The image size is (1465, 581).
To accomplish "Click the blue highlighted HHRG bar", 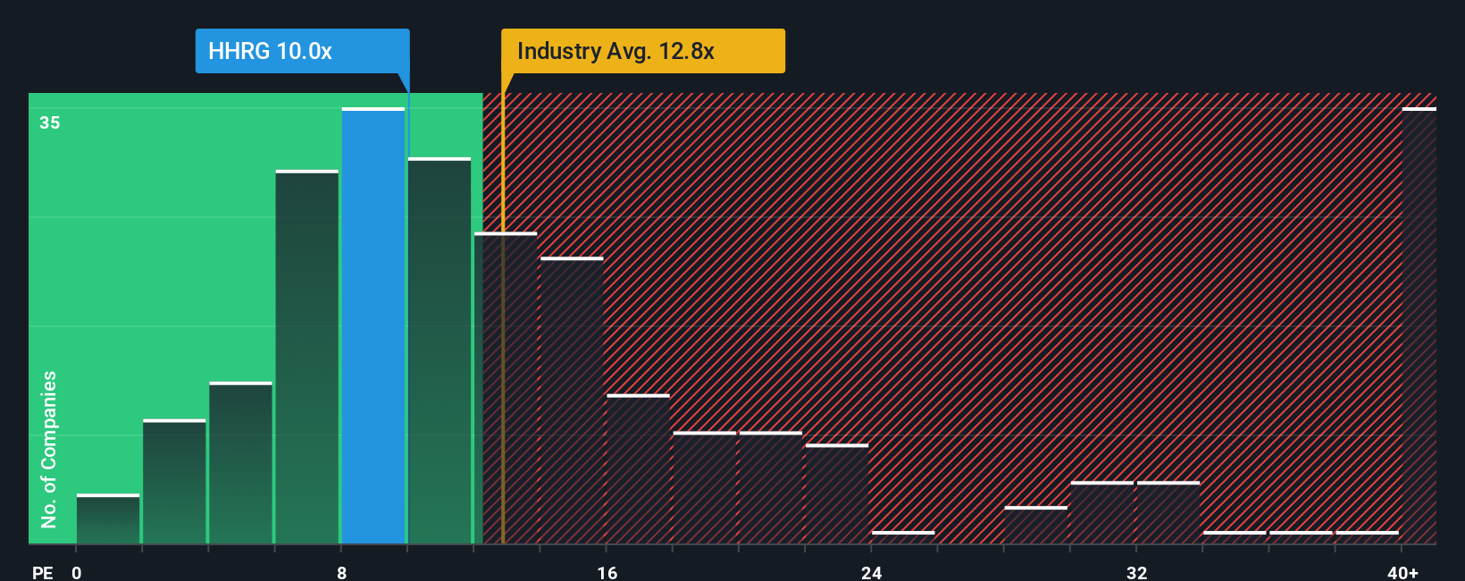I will (x=373, y=326).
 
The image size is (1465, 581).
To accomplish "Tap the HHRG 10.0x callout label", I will (x=271, y=51).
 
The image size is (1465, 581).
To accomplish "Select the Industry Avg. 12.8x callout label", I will (x=615, y=51).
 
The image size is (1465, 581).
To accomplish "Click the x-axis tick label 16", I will (x=607, y=573).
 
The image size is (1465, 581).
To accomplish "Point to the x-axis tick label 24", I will (x=871, y=573).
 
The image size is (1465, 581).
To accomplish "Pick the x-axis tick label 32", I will (x=1136, y=573).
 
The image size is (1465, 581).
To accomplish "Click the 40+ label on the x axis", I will (x=1402, y=573).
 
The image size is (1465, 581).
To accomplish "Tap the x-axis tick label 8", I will (x=341, y=573).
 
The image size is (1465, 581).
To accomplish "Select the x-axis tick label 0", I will (x=77, y=573).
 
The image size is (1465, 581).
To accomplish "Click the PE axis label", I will (x=42, y=573).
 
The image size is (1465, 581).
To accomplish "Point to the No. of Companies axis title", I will (x=49, y=449).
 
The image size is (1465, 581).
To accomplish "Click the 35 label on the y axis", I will (x=50, y=122).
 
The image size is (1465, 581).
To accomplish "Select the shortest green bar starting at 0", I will (x=108, y=519).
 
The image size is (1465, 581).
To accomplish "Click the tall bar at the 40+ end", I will (x=1419, y=326).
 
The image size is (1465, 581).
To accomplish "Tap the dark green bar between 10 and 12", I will (x=439, y=351).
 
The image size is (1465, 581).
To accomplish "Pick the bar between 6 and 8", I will (x=307, y=358).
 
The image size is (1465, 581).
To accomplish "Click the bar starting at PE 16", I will (x=638, y=469).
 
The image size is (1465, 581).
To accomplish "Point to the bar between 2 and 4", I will (x=174, y=482).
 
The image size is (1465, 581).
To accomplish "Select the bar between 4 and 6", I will (x=240, y=463).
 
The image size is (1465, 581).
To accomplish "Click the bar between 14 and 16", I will (x=572, y=401).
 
